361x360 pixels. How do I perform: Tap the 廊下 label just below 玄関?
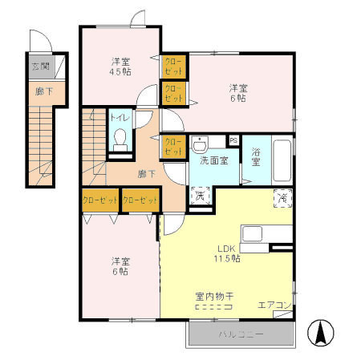pyautogui.click(x=41, y=92)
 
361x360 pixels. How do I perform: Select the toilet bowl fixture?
pyautogui.click(x=120, y=141)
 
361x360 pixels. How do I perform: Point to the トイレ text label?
pyautogui.click(x=120, y=118)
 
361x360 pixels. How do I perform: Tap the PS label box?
pyautogui.click(x=233, y=141)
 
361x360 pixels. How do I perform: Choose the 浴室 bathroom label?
pyautogui.click(x=256, y=157)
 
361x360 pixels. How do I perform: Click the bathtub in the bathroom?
pyautogui.click(x=282, y=161)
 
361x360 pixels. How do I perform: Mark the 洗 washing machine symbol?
pyautogui.click(x=200, y=194)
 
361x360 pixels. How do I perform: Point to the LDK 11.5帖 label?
pyautogui.click(x=227, y=253)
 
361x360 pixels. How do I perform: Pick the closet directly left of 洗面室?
pyautogui.click(x=174, y=146)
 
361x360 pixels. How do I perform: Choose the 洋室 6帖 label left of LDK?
pyautogui.click(x=121, y=266)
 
